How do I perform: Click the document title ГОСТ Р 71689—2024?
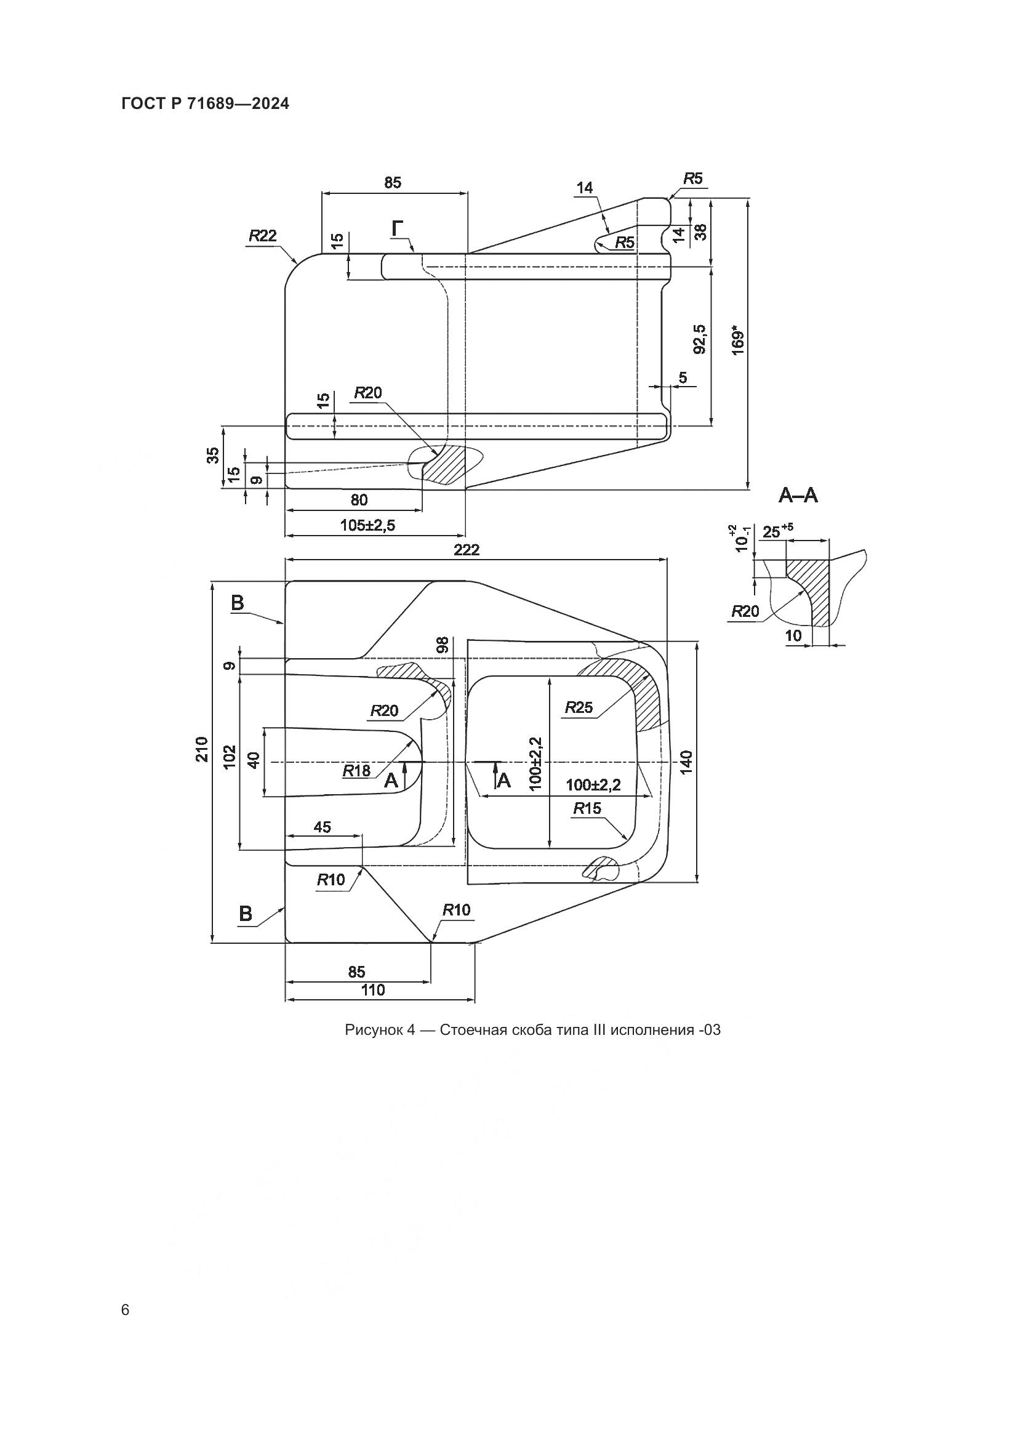(205, 104)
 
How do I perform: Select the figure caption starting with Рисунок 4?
(532, 1030)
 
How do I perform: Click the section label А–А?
(798, 496)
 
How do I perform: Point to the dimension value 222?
(467, 550)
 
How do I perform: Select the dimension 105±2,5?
(368, 525)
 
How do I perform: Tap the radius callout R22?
(263, 236)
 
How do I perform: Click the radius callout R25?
(579, 707)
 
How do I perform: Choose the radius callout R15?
(587, 808)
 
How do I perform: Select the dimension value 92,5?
(700, 339)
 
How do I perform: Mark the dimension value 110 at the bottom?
(373, 991)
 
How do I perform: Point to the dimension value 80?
(359, 500)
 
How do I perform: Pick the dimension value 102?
(230, 757)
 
